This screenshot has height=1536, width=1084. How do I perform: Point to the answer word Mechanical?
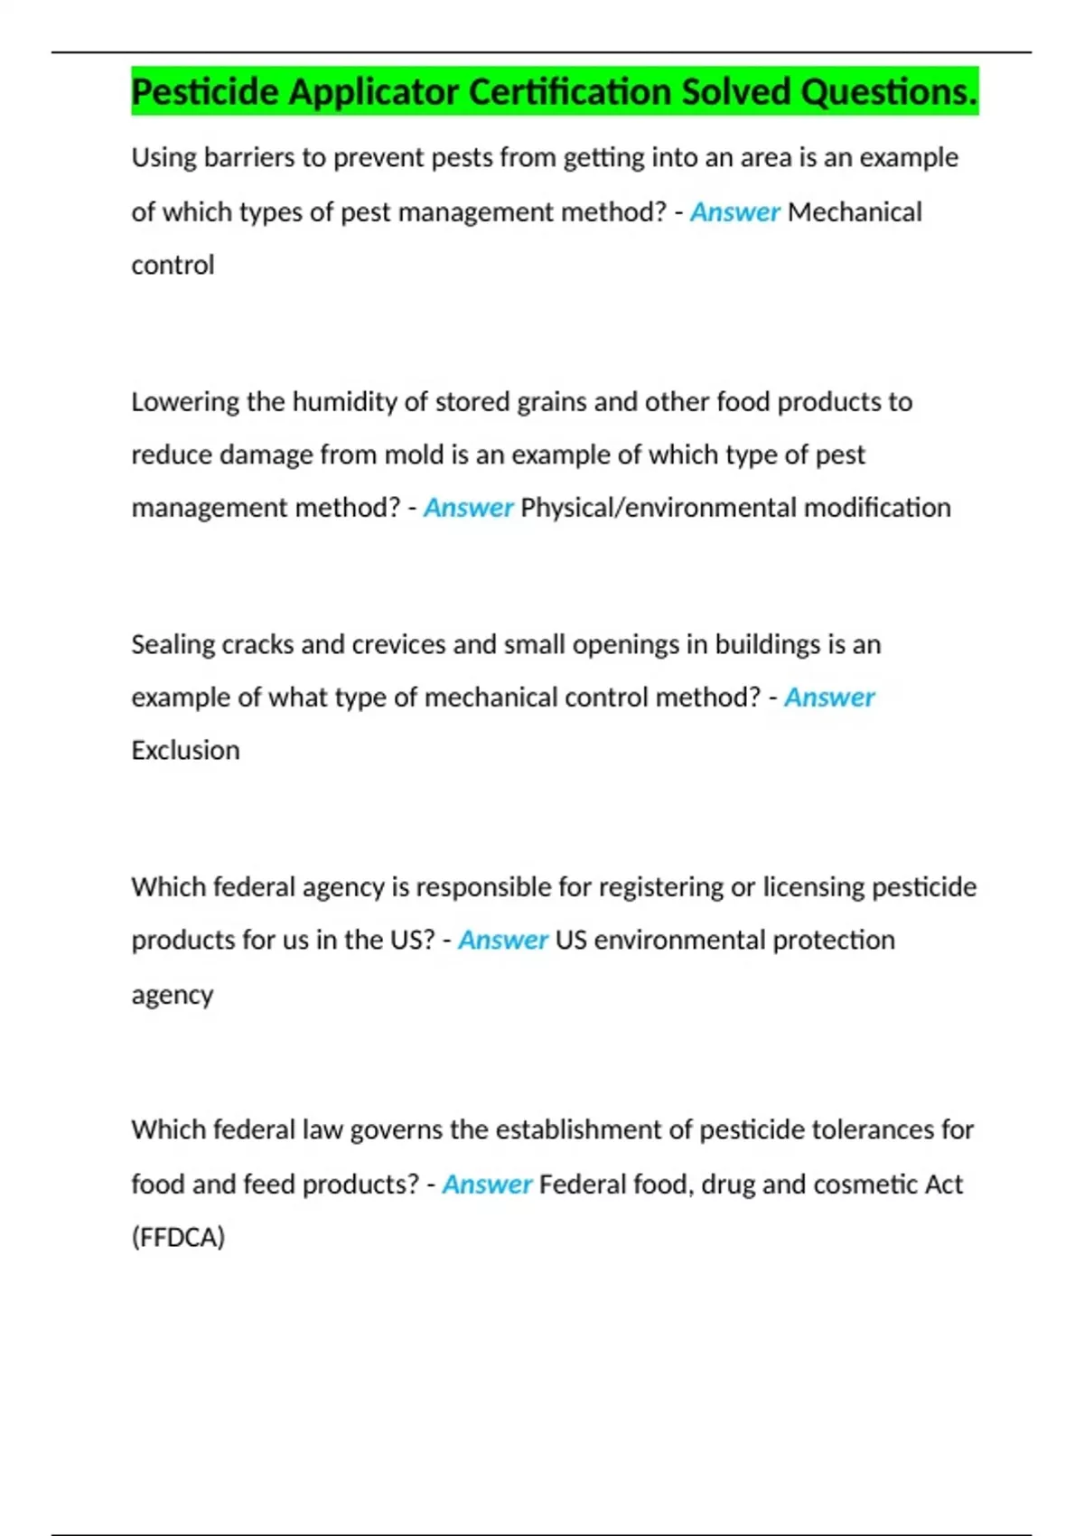point(855,212)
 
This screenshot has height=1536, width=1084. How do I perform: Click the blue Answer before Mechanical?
point(734,212)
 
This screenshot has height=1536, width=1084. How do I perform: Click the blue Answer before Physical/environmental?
point(468,508)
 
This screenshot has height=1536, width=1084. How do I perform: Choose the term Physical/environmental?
point(659,508)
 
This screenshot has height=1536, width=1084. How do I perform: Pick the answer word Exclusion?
point(185,751)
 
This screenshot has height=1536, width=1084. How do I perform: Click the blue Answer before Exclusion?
point(829,698)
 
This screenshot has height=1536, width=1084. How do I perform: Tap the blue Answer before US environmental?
point(502,941)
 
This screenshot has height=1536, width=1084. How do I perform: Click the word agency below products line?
point(173,995)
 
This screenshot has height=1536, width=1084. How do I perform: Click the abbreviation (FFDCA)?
point(178,1237)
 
